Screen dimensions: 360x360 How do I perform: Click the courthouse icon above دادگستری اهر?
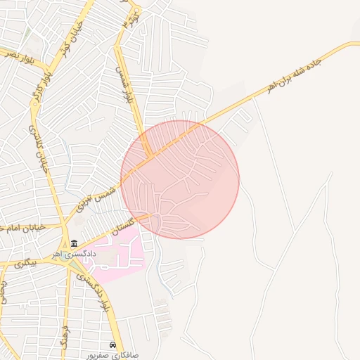pyautogui.click(x=73, y=243)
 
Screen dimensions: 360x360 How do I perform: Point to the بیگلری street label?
pyautogui.click(x=23, y=264)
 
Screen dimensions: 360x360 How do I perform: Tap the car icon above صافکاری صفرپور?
pyautogui.click(x=112, y=345)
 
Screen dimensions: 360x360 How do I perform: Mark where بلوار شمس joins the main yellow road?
pyautogui.click(x=149, y=155)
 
